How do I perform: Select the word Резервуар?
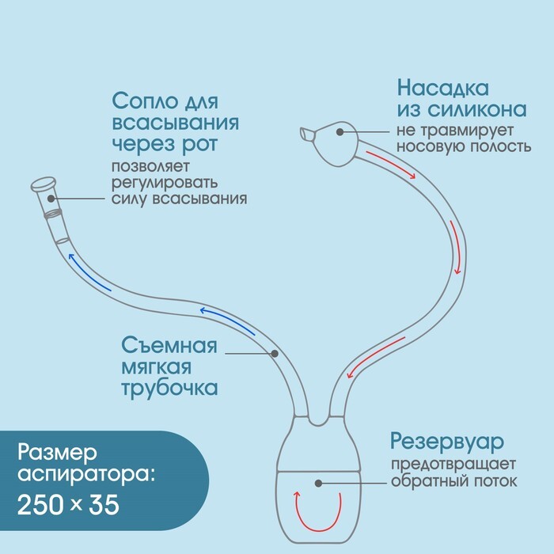click(447, 442)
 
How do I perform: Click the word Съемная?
click(169, 345)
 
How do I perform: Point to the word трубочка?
click(169, 389)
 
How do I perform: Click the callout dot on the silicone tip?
click(340, 132)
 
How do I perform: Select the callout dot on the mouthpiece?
click(51, 199)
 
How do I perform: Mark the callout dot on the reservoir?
click(318, 483)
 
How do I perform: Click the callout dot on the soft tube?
click(275, 353)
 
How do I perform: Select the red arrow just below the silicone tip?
click(390, 165)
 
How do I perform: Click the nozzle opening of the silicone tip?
click(304, 135)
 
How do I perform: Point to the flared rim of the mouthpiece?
click(44, 184)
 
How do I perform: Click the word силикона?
click(477, 109)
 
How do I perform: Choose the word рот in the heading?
click(199, 145)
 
